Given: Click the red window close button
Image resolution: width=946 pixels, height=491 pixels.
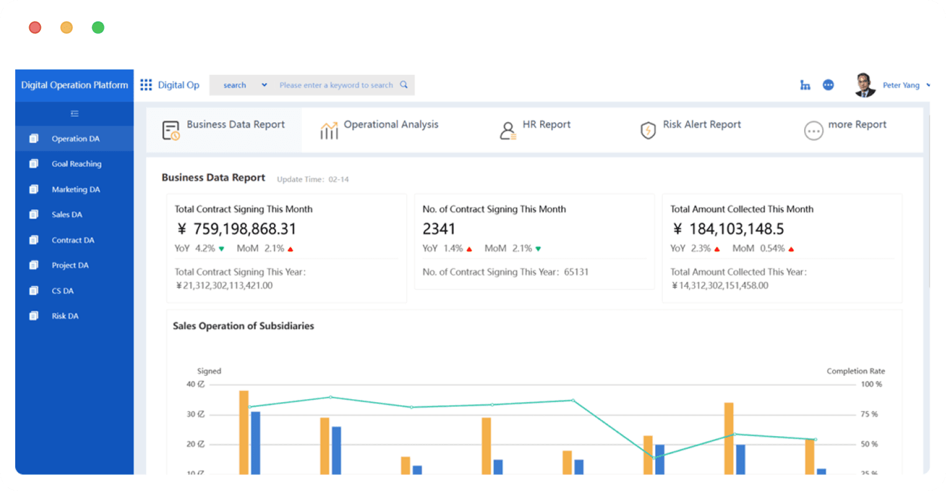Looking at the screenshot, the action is pos(35,28).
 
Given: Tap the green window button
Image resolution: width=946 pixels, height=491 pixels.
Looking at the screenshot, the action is pos(98,28).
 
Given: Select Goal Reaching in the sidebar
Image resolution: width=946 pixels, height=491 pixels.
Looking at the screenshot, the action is pos(76,164).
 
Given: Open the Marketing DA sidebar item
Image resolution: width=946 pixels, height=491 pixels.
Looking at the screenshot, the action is pos(76,189).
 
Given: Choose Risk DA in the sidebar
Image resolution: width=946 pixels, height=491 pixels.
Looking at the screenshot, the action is pos(65,316).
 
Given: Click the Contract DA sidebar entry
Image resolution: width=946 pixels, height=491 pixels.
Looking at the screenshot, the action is pos(73,240).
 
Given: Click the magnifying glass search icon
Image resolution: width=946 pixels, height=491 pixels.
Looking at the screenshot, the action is pos(404,85).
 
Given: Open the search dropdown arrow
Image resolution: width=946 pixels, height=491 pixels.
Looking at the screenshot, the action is pos(264,85).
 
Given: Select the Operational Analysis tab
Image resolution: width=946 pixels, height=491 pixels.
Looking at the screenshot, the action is pos(391,125).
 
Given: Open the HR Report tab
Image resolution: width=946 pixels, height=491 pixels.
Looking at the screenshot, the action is pos(547,125).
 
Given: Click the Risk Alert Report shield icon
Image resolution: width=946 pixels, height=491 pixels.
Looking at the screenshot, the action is pos(648,130).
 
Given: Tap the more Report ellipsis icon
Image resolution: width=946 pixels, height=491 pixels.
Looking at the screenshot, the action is pos(813,131).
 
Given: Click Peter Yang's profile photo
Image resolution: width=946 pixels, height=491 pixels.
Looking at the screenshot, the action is pos(864,85).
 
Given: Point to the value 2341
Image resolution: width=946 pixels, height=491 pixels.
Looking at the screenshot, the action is pos(439,229).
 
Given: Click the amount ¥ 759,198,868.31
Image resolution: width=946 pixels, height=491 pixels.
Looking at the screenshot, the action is pos(236,229).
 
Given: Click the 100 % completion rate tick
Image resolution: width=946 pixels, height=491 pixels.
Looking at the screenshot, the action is pos(871,385).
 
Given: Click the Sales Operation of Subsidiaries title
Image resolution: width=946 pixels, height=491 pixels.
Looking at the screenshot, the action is pos(244,326).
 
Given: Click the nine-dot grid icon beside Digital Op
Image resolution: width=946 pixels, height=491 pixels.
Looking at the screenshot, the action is pos(146,85).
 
